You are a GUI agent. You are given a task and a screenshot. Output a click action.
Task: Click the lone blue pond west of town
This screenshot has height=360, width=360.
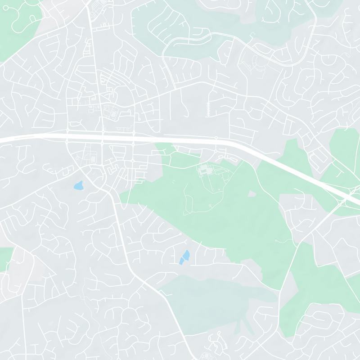coord(78,185)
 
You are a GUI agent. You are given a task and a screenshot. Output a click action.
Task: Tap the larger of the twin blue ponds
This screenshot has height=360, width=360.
coord(186,255)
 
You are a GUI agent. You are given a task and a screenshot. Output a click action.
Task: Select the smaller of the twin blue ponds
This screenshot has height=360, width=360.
coord(181,261)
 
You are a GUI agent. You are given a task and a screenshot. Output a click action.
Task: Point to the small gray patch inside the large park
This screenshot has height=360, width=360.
coord(252,193)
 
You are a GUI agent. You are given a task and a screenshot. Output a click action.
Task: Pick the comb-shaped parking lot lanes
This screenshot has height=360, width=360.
coord(208,109)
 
